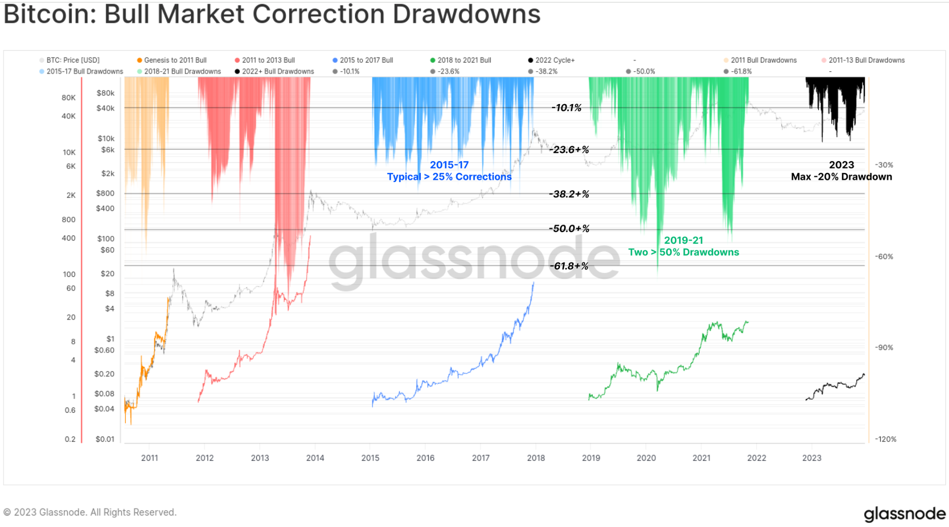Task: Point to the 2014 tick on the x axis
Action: pyautogui.click(x=315, y=458)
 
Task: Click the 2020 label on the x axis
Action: pyautogui.click(x=646, y=458)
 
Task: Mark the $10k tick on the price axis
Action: pyautogui.click(x=106, y=138)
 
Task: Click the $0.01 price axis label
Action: pyautogui.click(x=105, y=439)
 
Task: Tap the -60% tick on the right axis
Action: pyautogui.click(x=884, y=256)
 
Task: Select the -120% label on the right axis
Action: pyautogui.click(x=885, y=439)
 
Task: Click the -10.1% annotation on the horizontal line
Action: pyautogui.click(x=566, y=108)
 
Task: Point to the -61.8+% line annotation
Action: pyautogui.click(x=569, y=266)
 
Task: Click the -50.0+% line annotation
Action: pyautogui.click(x=569, y=229)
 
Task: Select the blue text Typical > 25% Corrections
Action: pyautogui.click(x=449, y=177)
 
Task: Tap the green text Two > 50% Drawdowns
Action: pyautogui.click(x=683, y=252)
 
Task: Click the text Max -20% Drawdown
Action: pyautogui.click(x=841, y=177)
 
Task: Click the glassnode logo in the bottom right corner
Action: pyautogui.click(x=904, y=514)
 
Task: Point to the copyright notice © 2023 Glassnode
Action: pyautogui.click(x=90, y=512)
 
